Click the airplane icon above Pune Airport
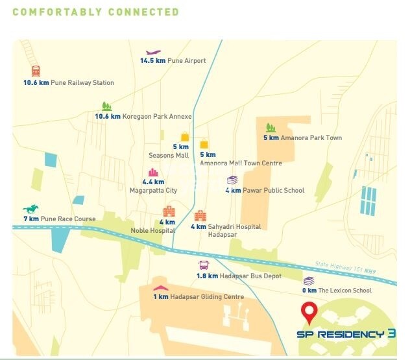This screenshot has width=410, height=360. pyautogui.click(x=153, y=53)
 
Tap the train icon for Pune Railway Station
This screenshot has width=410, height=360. pyautogui.click(x=35, y=71)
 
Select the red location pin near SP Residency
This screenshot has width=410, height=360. pyautogui.click(x=310, y=314)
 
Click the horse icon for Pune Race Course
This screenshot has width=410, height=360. pyautogui.click(x=30, y=209)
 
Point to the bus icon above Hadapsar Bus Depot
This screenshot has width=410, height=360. pyautogui.click(x=204, y=265)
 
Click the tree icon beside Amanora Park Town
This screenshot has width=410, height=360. pyautogui.click(x=271, y=128)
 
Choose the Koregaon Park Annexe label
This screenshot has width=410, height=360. pyautogui.click(x=158, y=117)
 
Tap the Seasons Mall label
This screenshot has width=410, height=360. pyautogui.click(x=169, y=156)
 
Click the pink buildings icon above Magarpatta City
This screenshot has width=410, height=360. pyautogui.click(x=154, y=173)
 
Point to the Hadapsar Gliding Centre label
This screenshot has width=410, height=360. pyautogui.click(x=207, y=297)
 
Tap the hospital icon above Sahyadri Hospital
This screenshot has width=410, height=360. pyautogui.click(x=200, y=215)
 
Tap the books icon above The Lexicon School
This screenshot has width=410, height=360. pyautogui.click(x=309, y=281)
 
